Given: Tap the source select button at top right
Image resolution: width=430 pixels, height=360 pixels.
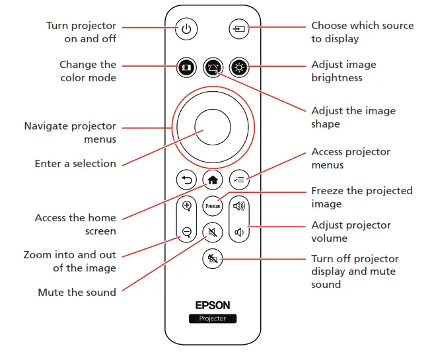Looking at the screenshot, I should (237, 29).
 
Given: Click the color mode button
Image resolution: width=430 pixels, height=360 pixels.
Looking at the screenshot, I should (186, 67).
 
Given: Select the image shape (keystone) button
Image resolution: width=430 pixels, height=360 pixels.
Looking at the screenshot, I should (212, 67).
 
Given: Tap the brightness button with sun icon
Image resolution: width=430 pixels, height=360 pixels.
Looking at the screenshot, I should (238, 67).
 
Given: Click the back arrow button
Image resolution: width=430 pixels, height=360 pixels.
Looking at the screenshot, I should (186, 179).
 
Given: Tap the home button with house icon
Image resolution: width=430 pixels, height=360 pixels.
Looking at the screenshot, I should (212, 179).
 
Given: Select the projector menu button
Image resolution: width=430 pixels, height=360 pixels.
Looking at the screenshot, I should (238, 179).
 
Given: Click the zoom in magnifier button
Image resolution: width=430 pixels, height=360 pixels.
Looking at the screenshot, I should (186, 206).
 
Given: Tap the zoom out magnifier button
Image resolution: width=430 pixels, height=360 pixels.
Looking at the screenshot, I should (186, 232).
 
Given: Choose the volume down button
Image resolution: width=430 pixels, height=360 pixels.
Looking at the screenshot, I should (238, 232).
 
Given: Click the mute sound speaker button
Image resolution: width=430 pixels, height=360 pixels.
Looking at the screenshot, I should (212, 232).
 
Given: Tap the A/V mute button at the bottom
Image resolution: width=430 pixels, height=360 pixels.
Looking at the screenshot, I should (212, 259).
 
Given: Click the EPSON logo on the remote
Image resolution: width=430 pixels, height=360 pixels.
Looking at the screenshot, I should (212, 305).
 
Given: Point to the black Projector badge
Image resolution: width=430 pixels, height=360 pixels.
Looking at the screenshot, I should (212, 318).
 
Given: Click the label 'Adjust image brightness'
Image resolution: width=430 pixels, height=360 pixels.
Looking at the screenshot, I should (343, 71).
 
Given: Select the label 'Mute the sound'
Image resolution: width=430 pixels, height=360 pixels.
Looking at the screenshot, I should (77, 292).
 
